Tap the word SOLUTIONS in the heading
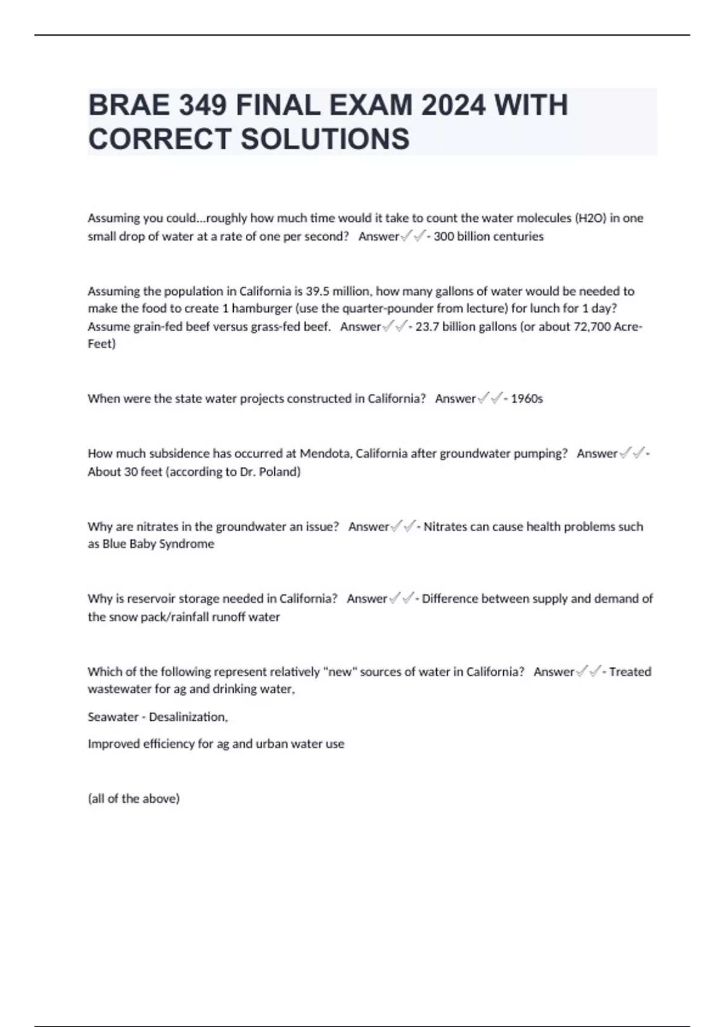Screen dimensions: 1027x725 click(325, 139)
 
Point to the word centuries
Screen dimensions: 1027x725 click(516, 237)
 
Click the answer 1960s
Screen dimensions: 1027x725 click(527, 399)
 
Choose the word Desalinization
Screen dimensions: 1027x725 click(188, 717)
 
